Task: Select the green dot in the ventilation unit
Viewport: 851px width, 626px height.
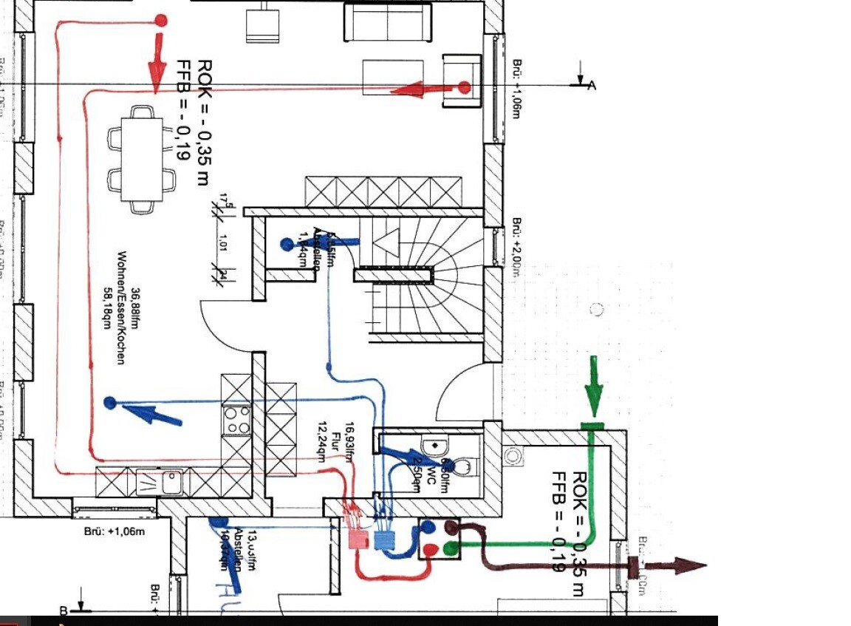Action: click(450, 548)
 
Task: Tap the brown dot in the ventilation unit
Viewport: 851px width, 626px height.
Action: click(450, 526)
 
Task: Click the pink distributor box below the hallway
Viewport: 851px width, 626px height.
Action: click(359, 540)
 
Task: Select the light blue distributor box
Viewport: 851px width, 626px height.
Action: click(385, 540)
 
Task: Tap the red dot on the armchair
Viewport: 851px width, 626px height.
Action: click(464, 88)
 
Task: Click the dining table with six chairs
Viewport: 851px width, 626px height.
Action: click(143, 159)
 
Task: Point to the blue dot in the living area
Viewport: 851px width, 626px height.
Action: click(110, 403)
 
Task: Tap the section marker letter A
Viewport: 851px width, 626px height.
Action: click(591, 86)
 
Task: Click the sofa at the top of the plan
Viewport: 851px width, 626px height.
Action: click(388, 22)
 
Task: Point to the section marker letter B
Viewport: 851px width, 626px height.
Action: click(64, 611)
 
